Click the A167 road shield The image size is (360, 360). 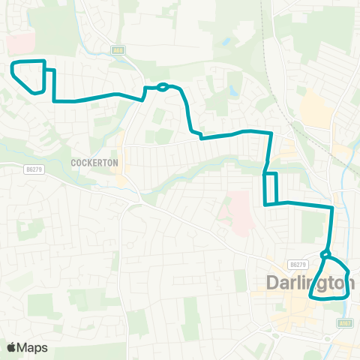[344, 323]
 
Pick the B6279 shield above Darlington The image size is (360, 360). [298, 265]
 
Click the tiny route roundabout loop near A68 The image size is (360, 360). [162, 86]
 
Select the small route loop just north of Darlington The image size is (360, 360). [325, 254]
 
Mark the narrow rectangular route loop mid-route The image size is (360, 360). [270, 188]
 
